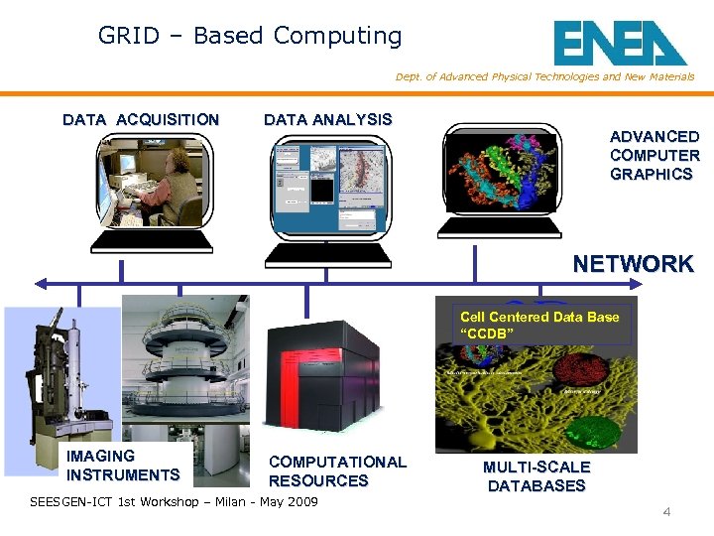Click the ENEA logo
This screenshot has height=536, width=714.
[620, 43]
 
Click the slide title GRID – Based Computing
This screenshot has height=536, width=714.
[250, 37]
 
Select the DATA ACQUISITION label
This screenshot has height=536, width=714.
[141, 120]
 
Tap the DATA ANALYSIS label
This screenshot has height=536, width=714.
[327, 119]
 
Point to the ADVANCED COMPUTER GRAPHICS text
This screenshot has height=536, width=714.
[654, 155]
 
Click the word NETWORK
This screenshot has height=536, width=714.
[633, 264]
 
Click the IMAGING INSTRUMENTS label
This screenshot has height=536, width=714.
[123, 466]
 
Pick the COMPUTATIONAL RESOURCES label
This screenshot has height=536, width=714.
[337, 471]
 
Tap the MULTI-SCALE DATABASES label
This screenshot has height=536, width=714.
[535, 476]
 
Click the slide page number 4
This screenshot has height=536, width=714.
[666, 512]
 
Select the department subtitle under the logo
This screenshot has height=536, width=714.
[544, 77]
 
